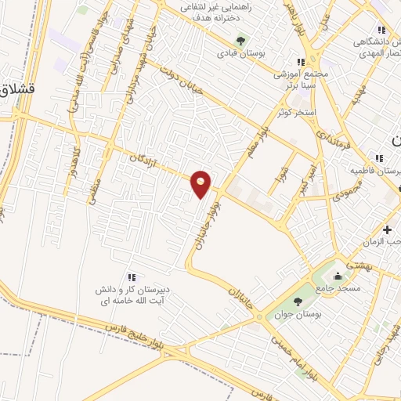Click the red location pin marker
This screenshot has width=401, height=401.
(201, 183)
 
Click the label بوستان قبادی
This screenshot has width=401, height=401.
(240, 53)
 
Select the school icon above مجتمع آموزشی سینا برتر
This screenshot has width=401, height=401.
(300, 62)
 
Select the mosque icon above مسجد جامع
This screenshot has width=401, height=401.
(338, 276)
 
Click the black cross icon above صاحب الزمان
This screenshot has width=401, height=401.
(388, 229)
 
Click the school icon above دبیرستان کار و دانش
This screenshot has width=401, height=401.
(132, 276)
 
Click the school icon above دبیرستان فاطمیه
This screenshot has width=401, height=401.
(378, 157)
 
